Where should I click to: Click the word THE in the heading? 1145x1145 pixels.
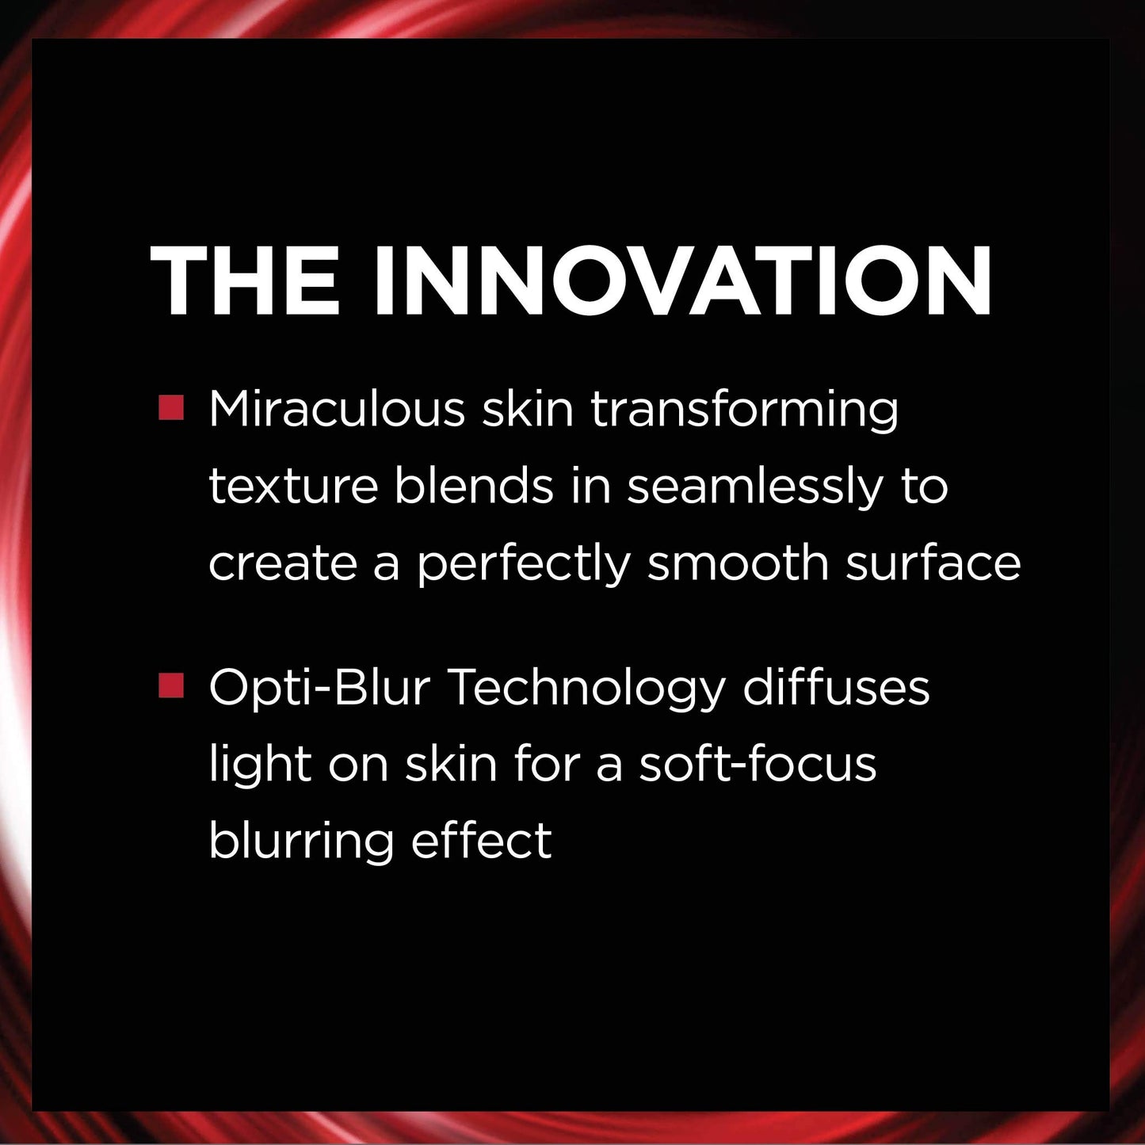click(246, 282)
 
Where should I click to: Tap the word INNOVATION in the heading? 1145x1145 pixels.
click(682, 282)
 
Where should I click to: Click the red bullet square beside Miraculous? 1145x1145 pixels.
click(171, 408)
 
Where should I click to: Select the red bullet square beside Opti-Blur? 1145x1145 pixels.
click(171, 685)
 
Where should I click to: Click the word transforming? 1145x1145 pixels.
click(744, 410)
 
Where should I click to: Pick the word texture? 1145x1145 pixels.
click(293, 486)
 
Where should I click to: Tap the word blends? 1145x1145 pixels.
click(474, 486)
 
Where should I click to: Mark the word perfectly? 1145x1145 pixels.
click(524, 565)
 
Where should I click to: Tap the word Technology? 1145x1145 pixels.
click(587, 689)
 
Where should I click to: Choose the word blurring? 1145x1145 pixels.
click(301, 842)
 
